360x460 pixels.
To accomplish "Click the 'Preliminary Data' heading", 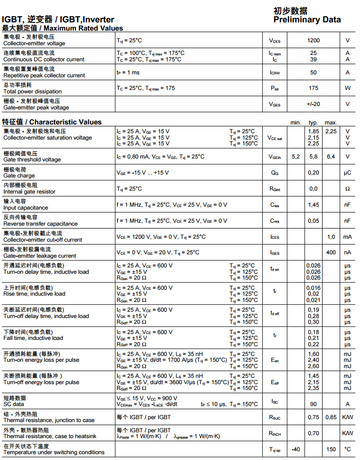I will click(307, 20).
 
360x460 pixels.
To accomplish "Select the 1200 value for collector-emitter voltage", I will click(313, 40).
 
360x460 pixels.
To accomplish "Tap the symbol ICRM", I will click(275, 72).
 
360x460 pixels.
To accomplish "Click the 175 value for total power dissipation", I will click(313, 88).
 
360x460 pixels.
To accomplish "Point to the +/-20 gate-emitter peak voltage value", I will click(313, 104).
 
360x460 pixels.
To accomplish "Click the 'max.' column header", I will click(331, 123).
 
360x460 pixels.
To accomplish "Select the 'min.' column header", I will click(296, 123).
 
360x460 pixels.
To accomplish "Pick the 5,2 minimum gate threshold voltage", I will click(296, 157).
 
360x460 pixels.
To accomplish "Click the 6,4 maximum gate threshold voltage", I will click(331, 157).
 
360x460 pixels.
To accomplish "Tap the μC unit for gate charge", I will click(347, 173).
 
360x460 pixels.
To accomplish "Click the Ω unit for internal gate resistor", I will click(347, 189).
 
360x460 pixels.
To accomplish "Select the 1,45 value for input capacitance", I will click(313, 205).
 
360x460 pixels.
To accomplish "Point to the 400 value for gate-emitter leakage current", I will click(331, 252).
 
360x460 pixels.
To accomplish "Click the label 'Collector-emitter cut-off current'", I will click(43, 240).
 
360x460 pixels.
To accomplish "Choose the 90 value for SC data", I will click(313, 404).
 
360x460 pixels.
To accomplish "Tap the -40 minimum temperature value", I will click(296, 449).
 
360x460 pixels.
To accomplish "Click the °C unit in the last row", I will click(347, 449).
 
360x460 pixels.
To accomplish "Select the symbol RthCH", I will click(275, 433).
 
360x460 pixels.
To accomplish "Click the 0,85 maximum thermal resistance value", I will click(331, 417).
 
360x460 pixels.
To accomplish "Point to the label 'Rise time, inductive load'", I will click(34, 294).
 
